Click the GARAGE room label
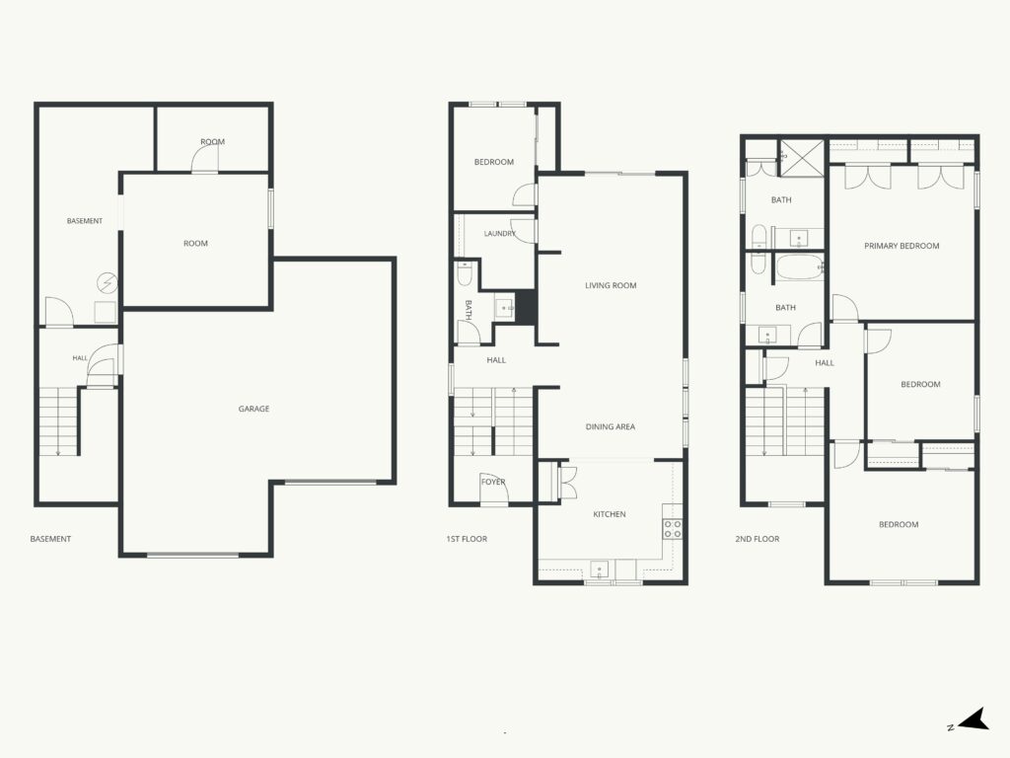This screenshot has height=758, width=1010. (253, 409)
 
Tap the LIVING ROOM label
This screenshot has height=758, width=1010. (611, 285)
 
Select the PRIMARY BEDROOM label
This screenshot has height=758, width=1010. (902, 246)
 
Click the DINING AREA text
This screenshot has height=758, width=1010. (610, 426)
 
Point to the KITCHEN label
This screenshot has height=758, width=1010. (610, 514)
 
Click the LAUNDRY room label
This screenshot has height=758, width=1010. (500, 233)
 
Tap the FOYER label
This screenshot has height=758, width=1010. (493, 482)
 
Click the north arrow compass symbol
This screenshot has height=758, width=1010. (974, 720)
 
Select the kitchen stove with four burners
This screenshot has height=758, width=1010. (673, 529)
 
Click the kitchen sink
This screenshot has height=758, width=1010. (600, 569)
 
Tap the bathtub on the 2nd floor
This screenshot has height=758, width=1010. (799, 266)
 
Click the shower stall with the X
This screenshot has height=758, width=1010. (802, 157)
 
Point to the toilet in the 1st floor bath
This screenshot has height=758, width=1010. (465, 272)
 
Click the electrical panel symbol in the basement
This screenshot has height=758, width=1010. (107, 282)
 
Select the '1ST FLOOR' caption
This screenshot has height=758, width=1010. (467, 539)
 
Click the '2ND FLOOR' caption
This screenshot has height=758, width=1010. (757, 539)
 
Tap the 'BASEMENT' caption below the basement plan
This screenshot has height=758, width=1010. (50, 539)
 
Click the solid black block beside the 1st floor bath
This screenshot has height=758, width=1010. (526, 308)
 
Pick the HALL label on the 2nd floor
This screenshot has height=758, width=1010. (825, 363)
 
